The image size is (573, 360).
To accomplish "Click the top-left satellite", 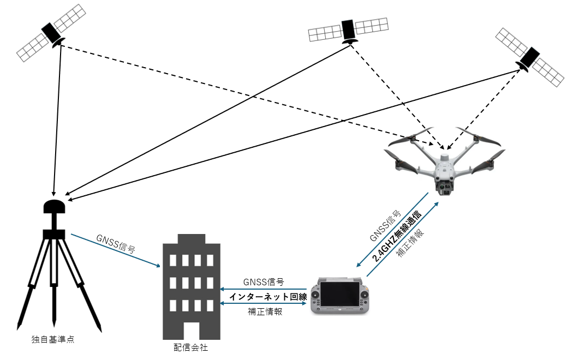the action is tap(51, 32).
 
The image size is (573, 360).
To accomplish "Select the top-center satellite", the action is tap(348, 30).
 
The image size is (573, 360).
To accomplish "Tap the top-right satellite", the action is tap(529, 58).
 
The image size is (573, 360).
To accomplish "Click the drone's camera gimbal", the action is tap(445, 188).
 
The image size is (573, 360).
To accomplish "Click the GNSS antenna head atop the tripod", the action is tap(54, 206).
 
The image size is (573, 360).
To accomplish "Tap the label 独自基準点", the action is tap(52, 340).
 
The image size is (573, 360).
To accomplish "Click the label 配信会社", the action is tap(191, 347).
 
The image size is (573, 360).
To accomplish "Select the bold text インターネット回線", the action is tap(268, 297).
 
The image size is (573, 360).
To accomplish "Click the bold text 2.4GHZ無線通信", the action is tap(397, 236).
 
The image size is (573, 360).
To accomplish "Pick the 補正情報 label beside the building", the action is tap(265, 311).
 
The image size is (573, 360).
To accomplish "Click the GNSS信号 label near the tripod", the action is tap(116, 244).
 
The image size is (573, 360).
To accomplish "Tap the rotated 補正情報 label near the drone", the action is tap(411, 243).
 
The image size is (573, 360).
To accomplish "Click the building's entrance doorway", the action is tap(191, 331).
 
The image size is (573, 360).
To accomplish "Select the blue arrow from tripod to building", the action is tap(116, 250).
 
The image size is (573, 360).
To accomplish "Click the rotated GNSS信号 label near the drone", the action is tap(386, 226).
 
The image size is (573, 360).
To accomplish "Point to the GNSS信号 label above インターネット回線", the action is tap(264, 282).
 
